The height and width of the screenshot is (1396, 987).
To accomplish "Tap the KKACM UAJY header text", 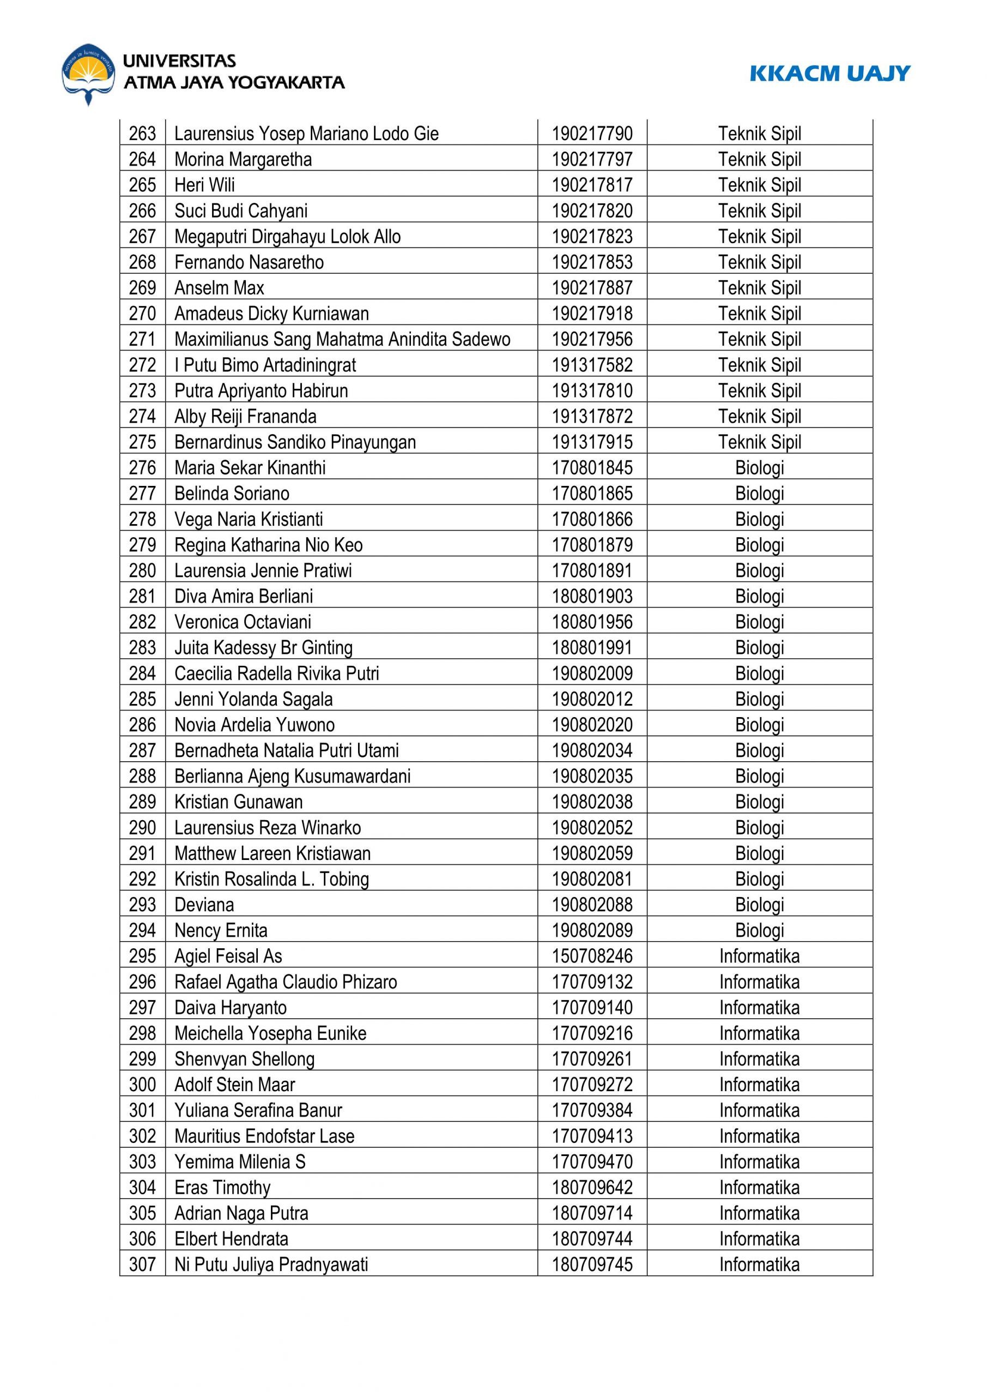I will click(829, 74).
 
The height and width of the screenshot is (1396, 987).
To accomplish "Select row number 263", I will click(142, 133).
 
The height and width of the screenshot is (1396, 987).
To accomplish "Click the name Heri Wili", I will click(204, 185).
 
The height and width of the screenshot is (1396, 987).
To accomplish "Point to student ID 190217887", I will click(592, 287).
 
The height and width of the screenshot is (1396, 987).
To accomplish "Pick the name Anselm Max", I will click(220, 287).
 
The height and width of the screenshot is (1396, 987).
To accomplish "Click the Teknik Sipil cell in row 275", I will click(760, 442).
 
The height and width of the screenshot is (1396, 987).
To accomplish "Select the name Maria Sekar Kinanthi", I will click(250, 467).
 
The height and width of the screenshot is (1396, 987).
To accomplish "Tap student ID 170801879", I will click(592, 545).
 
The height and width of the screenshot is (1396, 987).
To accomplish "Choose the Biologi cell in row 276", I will click(760, 467).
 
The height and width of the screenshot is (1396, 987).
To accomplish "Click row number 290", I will click(142, 827).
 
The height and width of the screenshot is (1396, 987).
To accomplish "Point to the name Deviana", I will click(204, 905).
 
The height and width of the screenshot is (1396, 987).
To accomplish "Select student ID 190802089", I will click(592, 930).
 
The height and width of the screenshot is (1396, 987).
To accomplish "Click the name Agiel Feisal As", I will click(228, 956).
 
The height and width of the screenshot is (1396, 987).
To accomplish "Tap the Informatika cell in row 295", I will click(760, 956).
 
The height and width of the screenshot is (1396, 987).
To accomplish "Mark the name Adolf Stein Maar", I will click(234, 1085).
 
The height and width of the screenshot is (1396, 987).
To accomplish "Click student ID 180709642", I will click(592, 1188).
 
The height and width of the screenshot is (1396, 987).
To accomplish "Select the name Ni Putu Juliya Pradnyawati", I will click(271, 1265).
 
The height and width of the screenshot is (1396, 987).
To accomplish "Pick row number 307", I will click(142, 1265).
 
